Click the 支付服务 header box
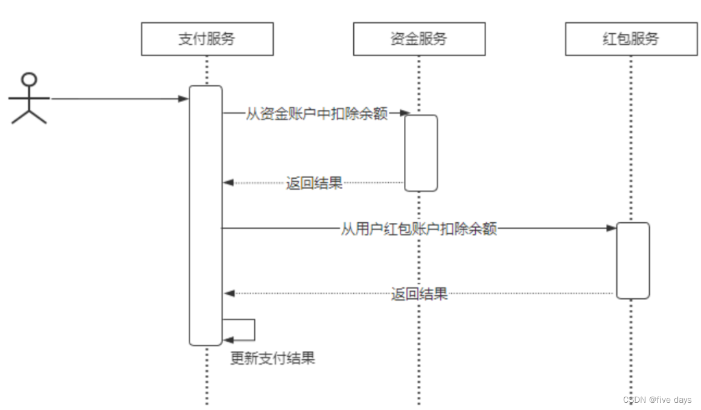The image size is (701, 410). [207, 39]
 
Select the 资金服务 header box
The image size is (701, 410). [419, 39]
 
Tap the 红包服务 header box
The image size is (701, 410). [631, 39]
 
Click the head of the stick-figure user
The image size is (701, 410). [29, 79]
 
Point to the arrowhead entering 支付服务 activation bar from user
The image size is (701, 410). [184, 98]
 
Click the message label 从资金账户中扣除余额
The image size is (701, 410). [316, 114]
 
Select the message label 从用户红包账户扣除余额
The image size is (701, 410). [419, 229]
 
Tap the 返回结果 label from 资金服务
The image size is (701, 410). [314, 183]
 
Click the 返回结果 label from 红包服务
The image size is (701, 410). [419, 294]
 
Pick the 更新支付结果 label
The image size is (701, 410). [272, 358]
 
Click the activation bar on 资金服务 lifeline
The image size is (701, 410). [420, 153]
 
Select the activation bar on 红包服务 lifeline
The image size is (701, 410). [632, 260]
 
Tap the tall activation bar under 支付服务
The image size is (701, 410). [205, 216]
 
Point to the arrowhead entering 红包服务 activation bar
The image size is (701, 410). [611, 228]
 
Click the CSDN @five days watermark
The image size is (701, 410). [657, 400]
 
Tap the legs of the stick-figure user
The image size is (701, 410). [29, 117]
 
